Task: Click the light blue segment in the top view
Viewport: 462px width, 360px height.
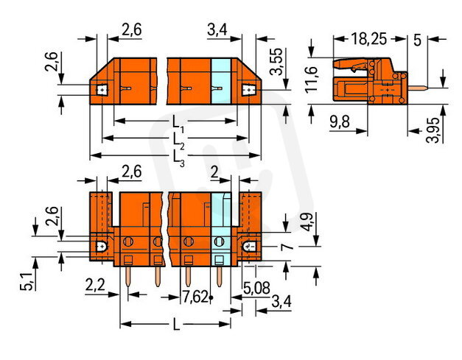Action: coord(222,84)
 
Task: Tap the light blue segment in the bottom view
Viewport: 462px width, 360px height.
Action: coord(222,228)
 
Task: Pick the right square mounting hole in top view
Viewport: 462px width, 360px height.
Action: coord(249,90)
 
